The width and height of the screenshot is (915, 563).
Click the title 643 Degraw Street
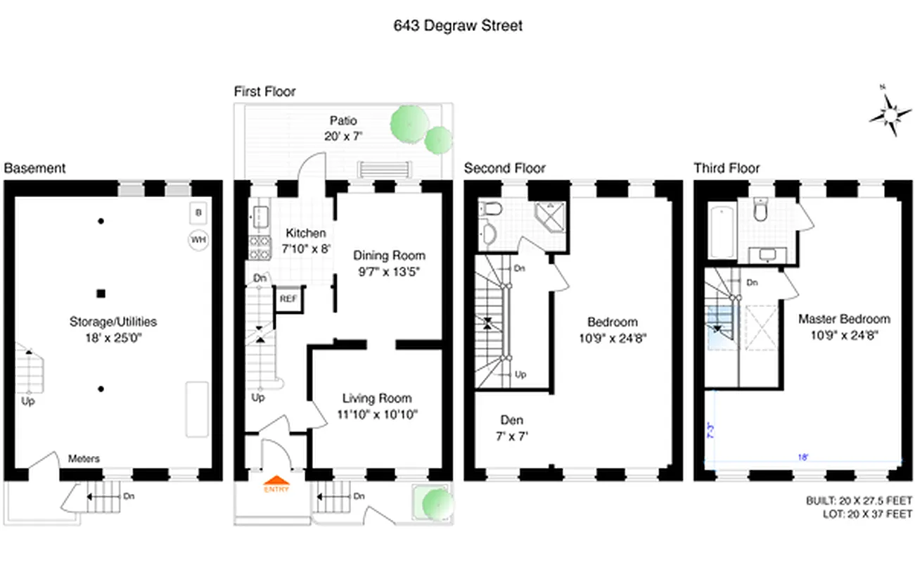point(457,26)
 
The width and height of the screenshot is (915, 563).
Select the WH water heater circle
point(198,240)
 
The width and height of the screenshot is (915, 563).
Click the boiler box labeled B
point(198,213)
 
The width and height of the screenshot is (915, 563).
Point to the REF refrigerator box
point(287,298)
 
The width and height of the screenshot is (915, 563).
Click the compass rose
point(889,113)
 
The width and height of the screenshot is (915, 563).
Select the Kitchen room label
point(305,233)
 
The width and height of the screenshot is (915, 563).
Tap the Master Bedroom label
point(843,319)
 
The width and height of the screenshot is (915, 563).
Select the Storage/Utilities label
point(113,322)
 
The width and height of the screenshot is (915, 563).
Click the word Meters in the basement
point(84,459)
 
